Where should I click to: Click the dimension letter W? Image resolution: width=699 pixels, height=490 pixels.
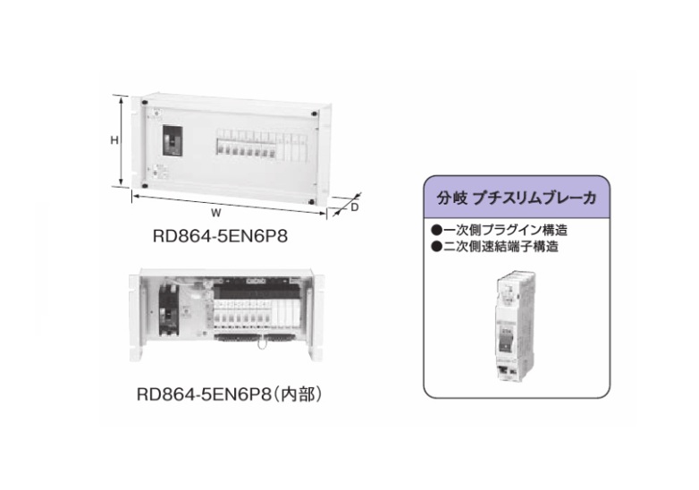(217, 213)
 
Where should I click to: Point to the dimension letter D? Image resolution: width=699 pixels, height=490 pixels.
(355, 207)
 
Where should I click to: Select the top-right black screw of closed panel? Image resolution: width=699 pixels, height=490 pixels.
(316, 114)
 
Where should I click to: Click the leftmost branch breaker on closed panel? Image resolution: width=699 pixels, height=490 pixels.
(219, 148)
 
